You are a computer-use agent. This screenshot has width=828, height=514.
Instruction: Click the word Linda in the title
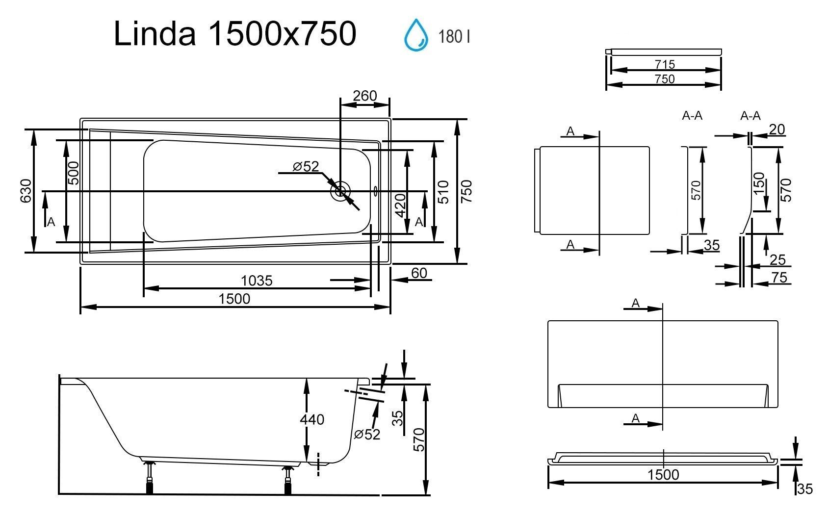(x=155, y=34)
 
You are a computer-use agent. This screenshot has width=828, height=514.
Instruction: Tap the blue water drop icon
(x=416, y=35)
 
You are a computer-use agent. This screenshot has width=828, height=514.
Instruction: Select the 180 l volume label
(x=454, y=37)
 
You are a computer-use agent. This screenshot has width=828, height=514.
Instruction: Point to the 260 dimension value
(x=365, y=96)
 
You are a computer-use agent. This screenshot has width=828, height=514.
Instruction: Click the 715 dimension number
(x=665, y=64)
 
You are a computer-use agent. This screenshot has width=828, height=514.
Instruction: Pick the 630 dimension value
(x=26, y=191)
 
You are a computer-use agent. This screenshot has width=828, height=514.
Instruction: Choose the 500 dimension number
(x=74, y=173)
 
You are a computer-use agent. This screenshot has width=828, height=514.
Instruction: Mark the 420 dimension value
(x=400, y=206)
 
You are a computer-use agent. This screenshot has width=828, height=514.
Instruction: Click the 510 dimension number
(x=443, y=192)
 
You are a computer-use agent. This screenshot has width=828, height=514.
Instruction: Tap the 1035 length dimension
(x=257, y=281)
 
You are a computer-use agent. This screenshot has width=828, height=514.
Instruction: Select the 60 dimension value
(x=419, y=273)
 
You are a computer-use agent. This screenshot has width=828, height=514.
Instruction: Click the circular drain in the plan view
(x=340, y=191)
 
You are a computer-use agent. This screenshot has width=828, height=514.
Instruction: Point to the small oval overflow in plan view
(x=376, y=191)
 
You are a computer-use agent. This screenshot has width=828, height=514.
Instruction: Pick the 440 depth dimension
(x=312, y=419)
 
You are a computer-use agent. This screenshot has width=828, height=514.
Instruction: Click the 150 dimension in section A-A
(x=758, y=183)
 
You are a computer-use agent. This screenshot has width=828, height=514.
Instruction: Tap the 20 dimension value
(x=777, y=129)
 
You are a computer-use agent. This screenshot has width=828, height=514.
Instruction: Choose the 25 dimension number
(x=778, y=260)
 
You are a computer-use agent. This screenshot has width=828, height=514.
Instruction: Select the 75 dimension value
(x=779, y=277)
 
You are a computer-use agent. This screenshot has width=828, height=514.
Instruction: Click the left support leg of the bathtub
(x=149, y=477)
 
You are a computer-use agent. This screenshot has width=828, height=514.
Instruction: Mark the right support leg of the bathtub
(x=288, y=480)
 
